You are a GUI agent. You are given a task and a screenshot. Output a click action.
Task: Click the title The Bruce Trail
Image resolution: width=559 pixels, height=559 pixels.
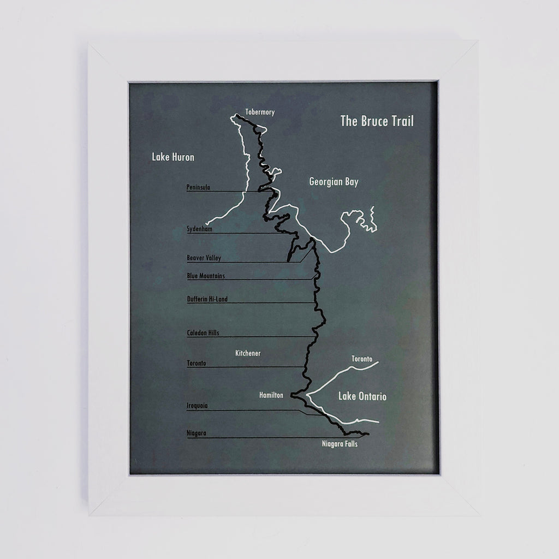point(377,121)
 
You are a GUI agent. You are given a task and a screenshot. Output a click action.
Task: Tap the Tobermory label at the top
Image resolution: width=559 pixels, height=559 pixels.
point(260,112)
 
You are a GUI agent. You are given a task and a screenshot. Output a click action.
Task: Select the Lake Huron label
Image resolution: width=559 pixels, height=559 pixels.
point(173,157)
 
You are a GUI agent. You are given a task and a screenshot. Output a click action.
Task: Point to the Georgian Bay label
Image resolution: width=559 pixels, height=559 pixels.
point(334,182)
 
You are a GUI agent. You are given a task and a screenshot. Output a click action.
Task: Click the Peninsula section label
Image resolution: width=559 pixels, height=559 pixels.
point(198,187)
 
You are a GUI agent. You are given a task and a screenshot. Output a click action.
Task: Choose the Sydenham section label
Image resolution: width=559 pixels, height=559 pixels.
point(199,229)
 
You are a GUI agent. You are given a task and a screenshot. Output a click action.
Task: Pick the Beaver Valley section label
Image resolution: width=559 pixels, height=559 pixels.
point(204,258)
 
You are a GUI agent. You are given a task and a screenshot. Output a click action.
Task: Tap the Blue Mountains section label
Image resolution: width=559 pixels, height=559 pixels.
point(205,276)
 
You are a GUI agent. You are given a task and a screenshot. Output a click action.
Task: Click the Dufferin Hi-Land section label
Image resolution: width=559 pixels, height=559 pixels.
point(207,299)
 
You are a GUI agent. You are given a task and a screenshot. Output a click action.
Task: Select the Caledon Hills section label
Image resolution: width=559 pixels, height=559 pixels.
point(203,332)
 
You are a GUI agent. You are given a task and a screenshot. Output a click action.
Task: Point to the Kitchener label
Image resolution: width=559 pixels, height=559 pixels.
point(248,353)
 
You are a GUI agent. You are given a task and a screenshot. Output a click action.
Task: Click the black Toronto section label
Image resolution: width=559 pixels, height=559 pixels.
point(196,363)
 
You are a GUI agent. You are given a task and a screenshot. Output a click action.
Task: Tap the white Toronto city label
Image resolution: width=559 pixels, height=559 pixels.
point(361,359)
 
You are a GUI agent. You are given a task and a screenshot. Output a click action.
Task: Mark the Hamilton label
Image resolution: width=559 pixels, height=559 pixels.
point(271,395)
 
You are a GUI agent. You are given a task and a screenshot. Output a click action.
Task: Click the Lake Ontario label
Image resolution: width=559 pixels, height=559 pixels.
point(362,396)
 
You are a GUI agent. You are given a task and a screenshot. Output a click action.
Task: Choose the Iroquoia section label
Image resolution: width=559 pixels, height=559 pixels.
point(197,406)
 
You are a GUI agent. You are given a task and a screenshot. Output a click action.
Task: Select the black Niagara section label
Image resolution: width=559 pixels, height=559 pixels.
point(196,433)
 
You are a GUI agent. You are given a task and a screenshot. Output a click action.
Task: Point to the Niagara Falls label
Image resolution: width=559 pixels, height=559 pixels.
point(340,444)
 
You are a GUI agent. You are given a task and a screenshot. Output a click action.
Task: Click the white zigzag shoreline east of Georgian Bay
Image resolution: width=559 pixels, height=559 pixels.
point(372,218)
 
